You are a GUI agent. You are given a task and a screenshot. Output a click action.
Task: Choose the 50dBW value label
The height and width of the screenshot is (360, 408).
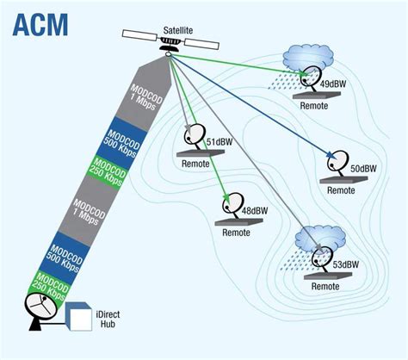[364, 168]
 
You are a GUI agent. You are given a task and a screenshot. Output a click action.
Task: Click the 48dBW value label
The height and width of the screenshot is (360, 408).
[255, 210]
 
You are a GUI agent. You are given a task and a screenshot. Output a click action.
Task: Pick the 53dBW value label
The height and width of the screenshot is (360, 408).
[347, 264]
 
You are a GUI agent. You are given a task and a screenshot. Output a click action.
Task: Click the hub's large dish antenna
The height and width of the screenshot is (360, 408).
[39, 311]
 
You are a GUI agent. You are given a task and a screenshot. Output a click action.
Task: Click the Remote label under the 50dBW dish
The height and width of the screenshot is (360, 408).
[340, 189]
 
